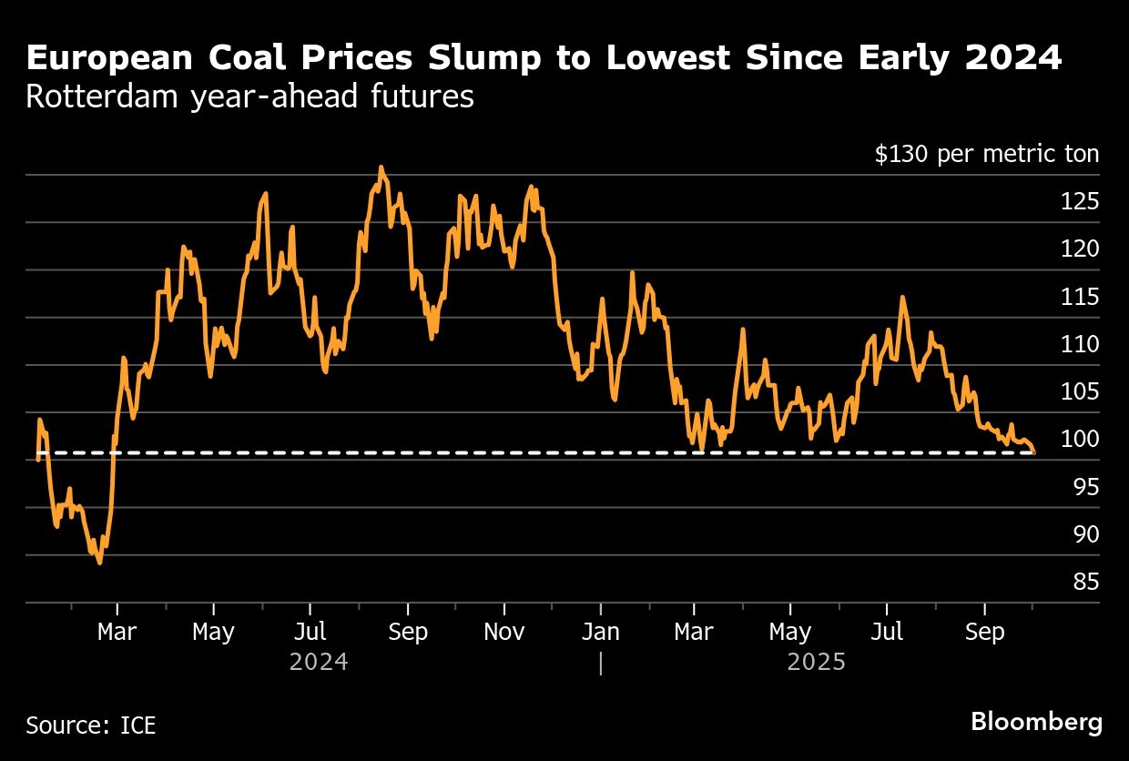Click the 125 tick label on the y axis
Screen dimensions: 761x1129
point(1080,202)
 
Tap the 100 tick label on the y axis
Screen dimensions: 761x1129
point(1080,440)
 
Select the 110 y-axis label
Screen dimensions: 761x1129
point(1080,345)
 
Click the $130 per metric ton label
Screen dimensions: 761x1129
point(986,155)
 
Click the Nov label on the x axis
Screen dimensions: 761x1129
point(503,632)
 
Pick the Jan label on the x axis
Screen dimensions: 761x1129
point(600,632)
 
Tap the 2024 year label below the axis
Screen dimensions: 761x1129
point(319,662)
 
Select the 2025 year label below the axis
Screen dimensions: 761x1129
point(817,662)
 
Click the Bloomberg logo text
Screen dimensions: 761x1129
point(1036,723)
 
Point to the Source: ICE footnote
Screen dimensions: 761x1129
point(91,725)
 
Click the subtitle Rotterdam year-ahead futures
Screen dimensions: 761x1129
point(249,96)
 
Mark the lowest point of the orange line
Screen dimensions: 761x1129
point(99,563)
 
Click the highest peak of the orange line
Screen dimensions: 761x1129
point(381,167)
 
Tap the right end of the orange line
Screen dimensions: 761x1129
point(1033,452)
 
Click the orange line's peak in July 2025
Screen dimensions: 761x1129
point(902,297)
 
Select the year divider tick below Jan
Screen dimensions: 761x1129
point(600,663)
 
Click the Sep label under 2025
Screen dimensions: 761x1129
point(984,632)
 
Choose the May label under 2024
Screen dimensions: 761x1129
point(213,632)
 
